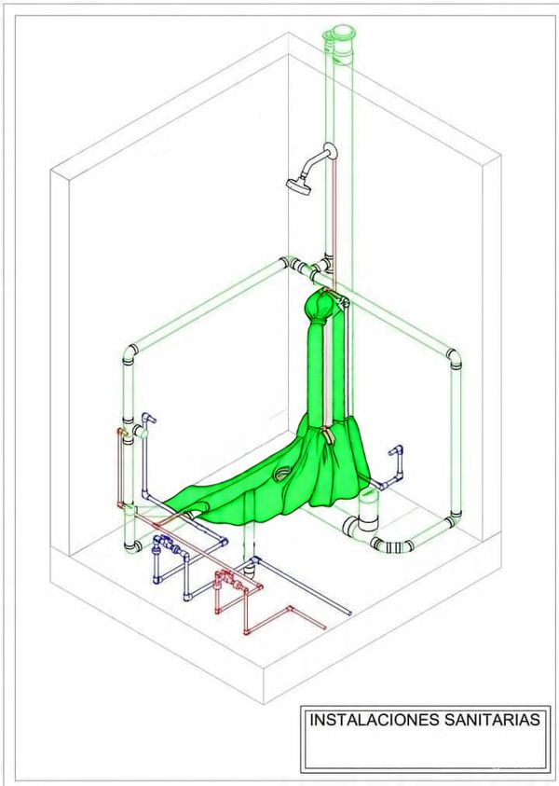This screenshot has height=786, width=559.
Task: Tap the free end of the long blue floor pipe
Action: pos(349,613)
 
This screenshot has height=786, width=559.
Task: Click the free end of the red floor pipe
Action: pos(324,627)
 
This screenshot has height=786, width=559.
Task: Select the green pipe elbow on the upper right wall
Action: pos(454,358)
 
